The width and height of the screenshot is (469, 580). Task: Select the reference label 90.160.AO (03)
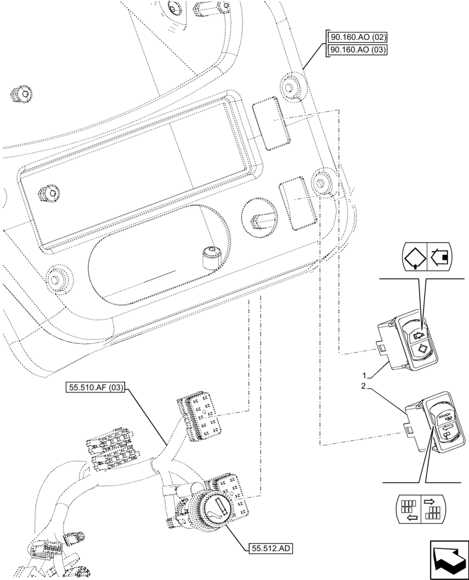click(x=357, y=49)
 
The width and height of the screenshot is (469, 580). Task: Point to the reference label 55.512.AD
click(x=270, y=547)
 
